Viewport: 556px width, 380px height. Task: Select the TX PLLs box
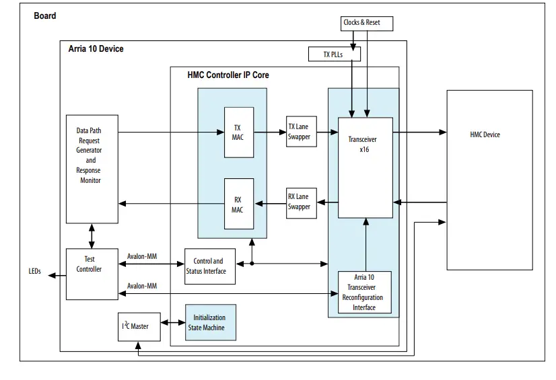(333, 54)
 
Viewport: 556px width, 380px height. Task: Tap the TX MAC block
(238, 132)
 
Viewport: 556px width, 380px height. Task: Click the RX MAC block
(238, 204)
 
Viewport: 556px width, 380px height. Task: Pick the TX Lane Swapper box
(300, 132)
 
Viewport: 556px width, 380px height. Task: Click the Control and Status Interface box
(209, 266)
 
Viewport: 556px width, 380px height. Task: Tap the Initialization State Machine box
(209, 322)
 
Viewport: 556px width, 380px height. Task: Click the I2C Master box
(137, 326)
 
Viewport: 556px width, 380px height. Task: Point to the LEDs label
(35, 272)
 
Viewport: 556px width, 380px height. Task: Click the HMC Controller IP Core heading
(228, 75)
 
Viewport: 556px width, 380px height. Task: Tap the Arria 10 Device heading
(96, 49)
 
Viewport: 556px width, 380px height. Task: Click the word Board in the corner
(45, 15)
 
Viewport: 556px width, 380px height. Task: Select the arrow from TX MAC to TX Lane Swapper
(270, 132)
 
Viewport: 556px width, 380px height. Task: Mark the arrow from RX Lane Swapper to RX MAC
(270, 202)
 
